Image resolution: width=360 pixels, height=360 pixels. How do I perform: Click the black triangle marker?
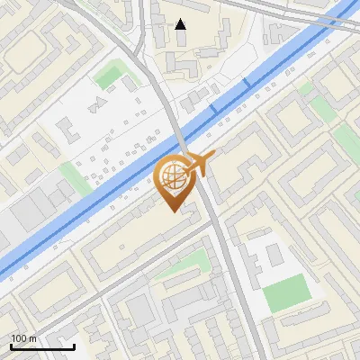pyautogui.click(x=181, y=24)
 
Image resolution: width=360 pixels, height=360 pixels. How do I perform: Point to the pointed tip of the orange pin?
pyautogui.click(x=175, y=210)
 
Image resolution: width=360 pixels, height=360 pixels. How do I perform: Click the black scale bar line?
pyautogui.click(x=42, y=346)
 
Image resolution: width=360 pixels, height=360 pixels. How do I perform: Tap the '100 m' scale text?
pyautogui.click(x=23, y=338)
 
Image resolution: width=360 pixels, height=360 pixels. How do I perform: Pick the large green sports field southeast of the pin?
pyautogui.click(x=287, y=292)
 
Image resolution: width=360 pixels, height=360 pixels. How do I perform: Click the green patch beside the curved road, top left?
pyautogui.click(x=110, y=76)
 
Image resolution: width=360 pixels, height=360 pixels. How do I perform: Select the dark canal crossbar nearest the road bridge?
pyautogui.click(x=214, y=108)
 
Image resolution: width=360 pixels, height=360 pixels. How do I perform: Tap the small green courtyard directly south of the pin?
pyautogui.click(x=192, y=263)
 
